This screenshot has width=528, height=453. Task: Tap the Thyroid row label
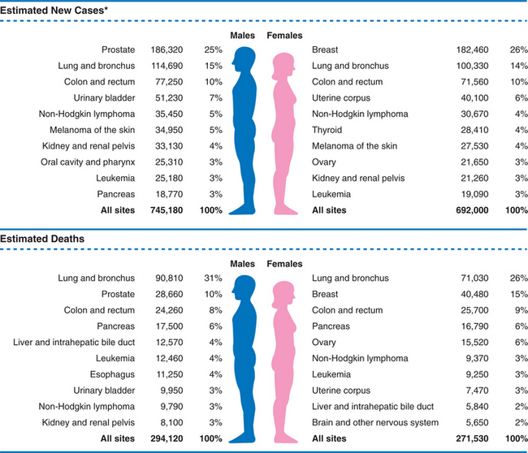327,130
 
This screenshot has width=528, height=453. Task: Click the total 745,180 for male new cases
167,210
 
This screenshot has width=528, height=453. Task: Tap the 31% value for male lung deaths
213,278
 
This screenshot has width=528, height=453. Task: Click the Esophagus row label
114,374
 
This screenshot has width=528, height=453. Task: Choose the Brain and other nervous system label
375,422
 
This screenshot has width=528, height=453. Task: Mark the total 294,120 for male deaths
167,438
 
